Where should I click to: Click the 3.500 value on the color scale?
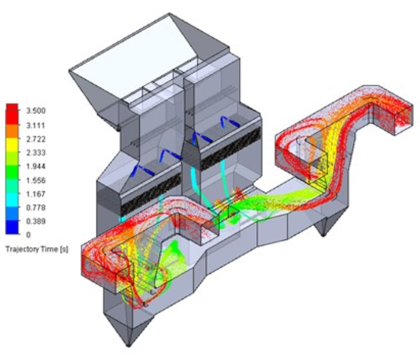click(x=35, y=110)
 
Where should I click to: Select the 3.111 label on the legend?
click(x=35, y=125)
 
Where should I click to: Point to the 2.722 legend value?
click(x=35, y=139)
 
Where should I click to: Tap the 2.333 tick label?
click(x=35, y=152)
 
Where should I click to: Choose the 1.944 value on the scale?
click(x=35, y=166)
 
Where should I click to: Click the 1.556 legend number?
click(x=35, y=180)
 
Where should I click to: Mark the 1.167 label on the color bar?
click(x=35, y=194)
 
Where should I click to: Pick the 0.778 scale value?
click(x=35, y=208)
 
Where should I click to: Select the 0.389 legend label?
click(x=35, y=221)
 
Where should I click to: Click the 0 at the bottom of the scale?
click(x=28, y=235)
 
